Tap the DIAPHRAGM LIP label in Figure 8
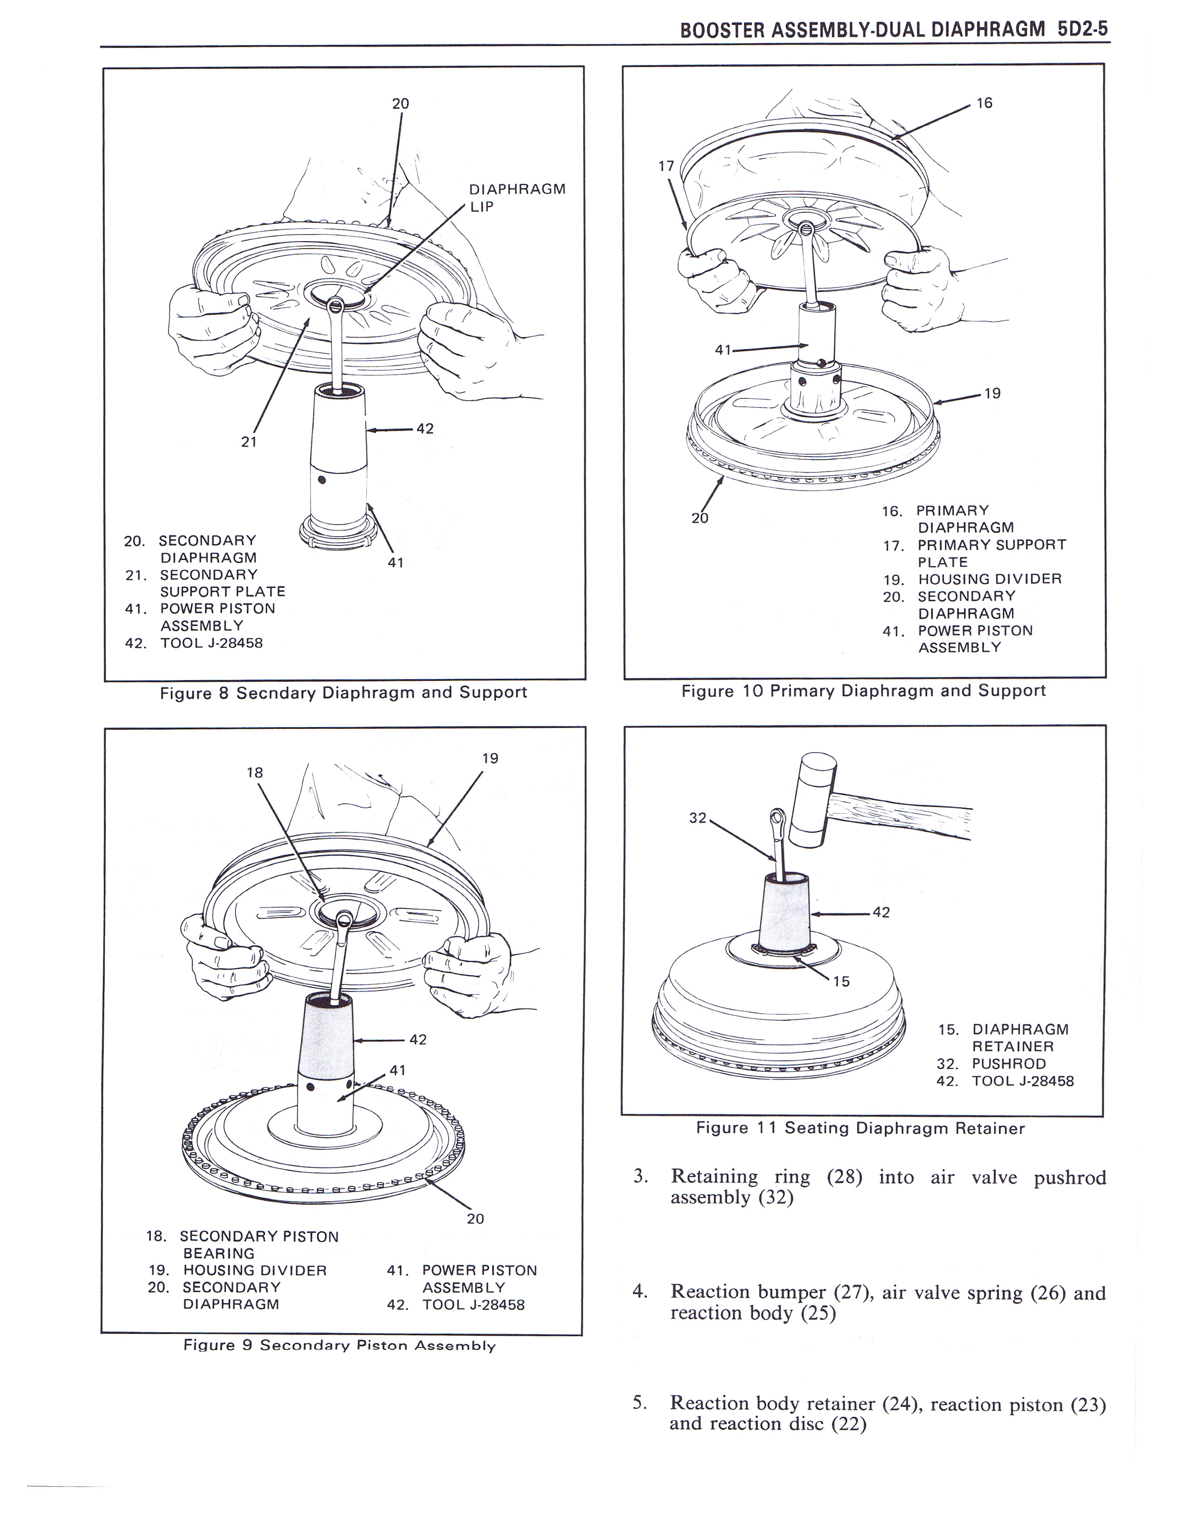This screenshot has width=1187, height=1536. [517, 198]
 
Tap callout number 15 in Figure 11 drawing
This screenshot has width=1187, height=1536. [841, 981]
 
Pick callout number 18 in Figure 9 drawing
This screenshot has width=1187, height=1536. [255, 772]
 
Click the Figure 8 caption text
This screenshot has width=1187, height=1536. [343, 693]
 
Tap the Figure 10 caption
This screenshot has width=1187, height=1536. [863, 691]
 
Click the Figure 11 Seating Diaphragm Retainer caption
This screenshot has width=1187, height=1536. [860, 1128]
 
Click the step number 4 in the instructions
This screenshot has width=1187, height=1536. [639, 1291]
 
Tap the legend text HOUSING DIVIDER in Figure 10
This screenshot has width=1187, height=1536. [990, 579]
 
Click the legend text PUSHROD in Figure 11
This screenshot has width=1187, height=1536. [1008, 1064]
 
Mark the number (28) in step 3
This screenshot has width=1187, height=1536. [844, 1177]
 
